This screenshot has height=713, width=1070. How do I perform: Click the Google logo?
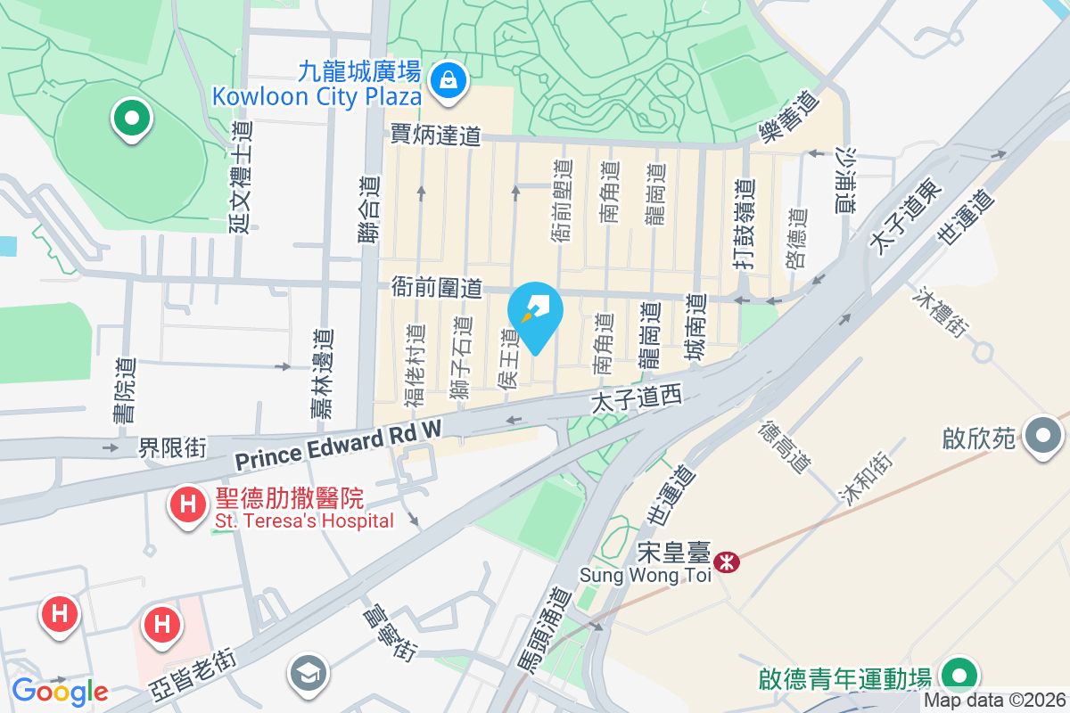[x=60, y=691]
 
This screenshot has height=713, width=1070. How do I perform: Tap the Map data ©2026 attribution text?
[x=994, y=701]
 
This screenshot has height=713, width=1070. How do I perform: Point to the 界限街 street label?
[x=172, y=448]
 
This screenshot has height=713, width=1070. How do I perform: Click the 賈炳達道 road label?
[x=435, y=135]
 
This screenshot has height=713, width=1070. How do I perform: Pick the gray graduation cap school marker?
[x=309, y=675]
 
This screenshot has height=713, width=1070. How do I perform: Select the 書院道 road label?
[x=124, y=389]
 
